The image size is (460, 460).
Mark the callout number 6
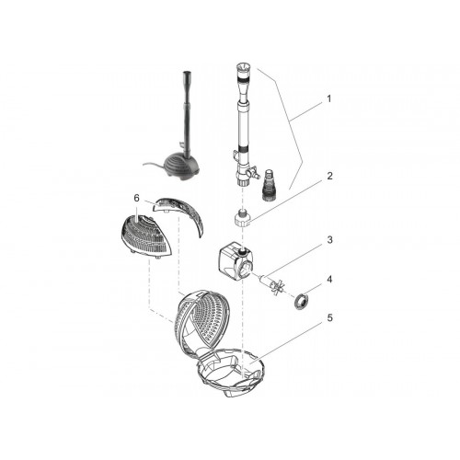click(x=137, y=198)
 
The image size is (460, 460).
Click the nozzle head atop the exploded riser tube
click(x=241, y=70)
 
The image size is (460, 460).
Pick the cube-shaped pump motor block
click(x=236, y=259)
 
